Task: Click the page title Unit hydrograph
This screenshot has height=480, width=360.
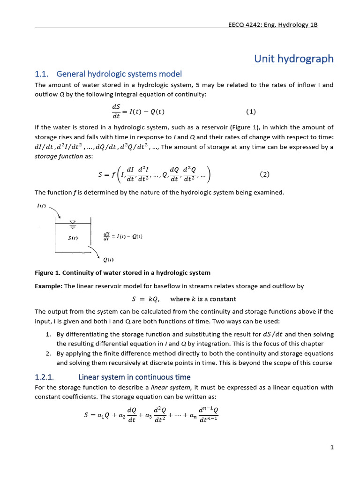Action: click(294, 59)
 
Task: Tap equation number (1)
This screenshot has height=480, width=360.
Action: click(251, 112)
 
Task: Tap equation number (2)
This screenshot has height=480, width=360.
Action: click(264, 174)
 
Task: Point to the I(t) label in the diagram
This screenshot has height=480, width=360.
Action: click(42, 206)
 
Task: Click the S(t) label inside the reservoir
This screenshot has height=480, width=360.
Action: click(73, 238)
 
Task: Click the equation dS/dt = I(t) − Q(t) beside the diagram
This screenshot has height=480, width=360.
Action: click(122, 236)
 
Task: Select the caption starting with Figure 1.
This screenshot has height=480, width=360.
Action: click(123, 272)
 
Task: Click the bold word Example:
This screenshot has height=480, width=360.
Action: click(49, 286)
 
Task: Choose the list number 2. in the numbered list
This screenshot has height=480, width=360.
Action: click(48, 353)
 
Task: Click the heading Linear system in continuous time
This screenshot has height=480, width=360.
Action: click(135, 377)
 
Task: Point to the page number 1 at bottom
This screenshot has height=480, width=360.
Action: click(332, 448)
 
